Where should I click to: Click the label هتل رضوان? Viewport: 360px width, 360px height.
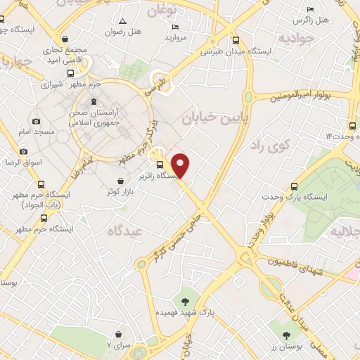124,32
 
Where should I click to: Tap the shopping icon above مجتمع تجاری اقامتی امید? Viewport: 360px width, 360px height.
65,39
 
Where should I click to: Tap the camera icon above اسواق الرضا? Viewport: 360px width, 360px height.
23,151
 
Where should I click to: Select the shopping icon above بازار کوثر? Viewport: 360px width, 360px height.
122,180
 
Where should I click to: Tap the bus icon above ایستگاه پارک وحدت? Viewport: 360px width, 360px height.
294,186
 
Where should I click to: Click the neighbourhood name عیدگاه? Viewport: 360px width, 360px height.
125,230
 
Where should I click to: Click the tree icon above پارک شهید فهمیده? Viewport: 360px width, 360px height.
186,300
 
